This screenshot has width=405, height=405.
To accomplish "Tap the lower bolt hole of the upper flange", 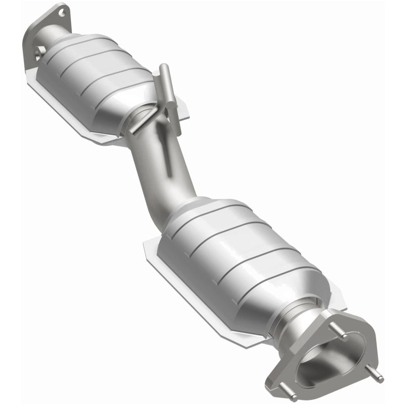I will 38,51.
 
